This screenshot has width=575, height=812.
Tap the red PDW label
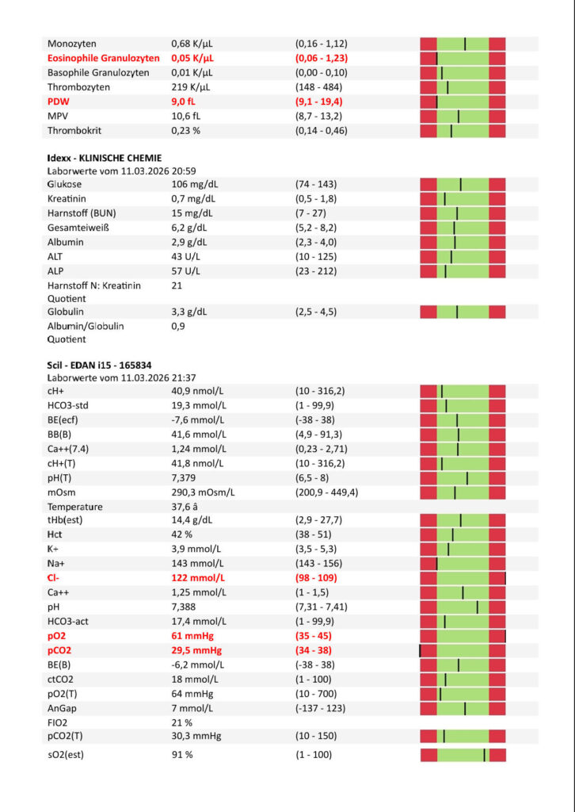(x=58, y=101)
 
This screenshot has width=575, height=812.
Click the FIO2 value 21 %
(x=182, y=722)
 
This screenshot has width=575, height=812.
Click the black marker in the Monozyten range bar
(x=465, y=44)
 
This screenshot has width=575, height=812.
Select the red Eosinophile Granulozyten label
(x=103, y=58)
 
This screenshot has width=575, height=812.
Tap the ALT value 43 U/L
(x=188, y=256)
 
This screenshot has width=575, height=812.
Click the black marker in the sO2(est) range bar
(x=484, y=755)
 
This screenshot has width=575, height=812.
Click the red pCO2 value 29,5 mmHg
(x=197, y=650)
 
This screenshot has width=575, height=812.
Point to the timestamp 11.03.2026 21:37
(x=144, y=378)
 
